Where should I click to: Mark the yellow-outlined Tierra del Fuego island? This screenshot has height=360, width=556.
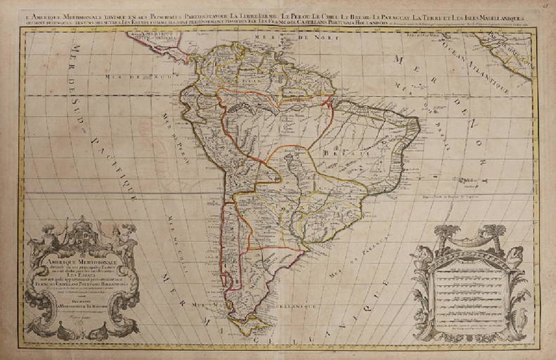[x=257, y=325]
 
